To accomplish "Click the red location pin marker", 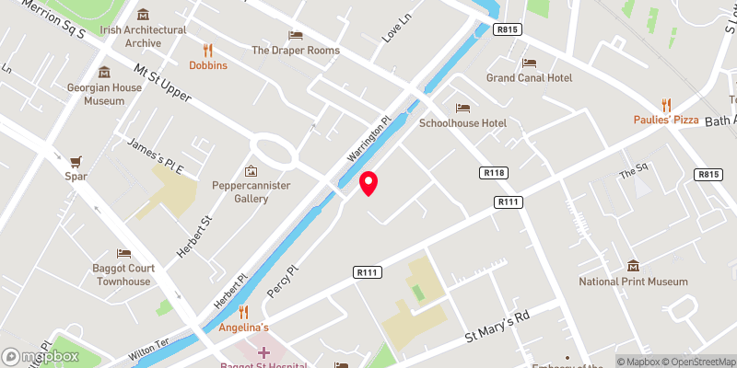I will coord(368,183).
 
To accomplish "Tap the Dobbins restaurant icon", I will coord(208,51).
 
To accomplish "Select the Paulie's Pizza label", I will coord(666,121).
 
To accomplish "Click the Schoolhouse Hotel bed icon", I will coord(462,107).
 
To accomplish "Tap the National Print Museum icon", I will coord(633,266).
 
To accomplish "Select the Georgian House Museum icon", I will coord(104,73).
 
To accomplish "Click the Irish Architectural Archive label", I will coord(143,36).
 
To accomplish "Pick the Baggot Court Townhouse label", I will coord(123,275).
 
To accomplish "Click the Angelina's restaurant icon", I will coord(244,312).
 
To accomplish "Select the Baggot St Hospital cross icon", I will coord(263,352).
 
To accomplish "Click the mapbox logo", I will coord(41,356).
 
